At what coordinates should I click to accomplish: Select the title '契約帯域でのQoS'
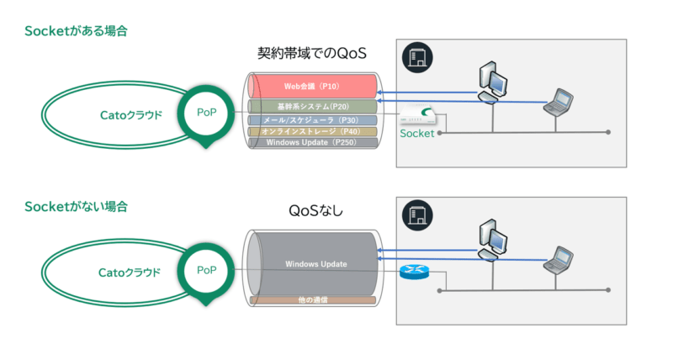(313, 54)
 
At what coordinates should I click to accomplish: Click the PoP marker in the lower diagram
(206, 270)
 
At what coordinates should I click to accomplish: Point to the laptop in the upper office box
(558, 101)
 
